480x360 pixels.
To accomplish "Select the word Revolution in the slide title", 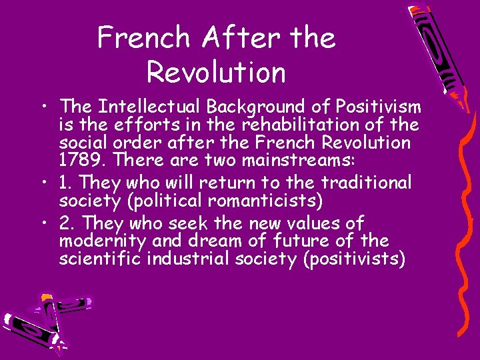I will tap(216, 71).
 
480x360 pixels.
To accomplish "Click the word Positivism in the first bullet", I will tap(379, 107).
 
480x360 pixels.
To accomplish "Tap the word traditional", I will tap(366, 182).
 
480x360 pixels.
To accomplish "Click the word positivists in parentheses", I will tap(354, 259).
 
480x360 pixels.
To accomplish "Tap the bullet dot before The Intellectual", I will tap(43, 107).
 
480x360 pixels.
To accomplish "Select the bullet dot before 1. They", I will tap(43, 182).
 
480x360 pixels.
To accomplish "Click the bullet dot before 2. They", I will tap(43, 222).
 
